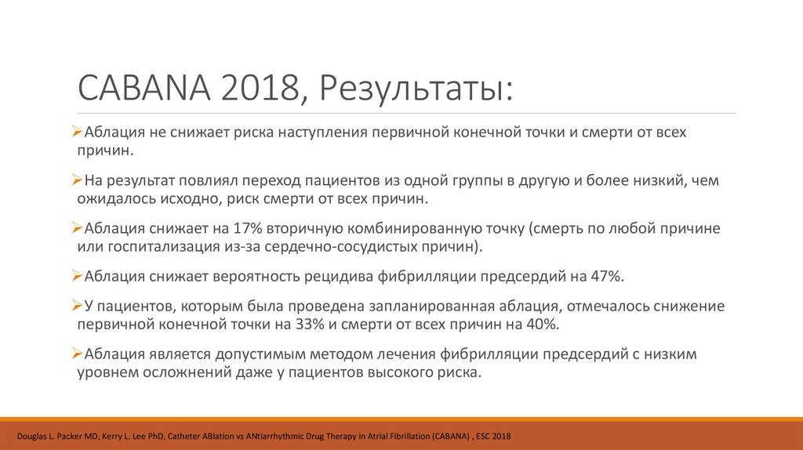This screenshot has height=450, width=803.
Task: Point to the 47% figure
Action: (605, 276)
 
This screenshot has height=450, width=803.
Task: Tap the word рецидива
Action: (345, 276)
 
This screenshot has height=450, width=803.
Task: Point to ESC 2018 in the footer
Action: (494, 435)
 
